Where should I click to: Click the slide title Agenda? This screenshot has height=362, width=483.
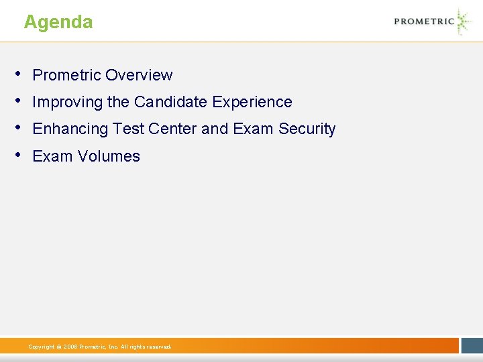[58, 22]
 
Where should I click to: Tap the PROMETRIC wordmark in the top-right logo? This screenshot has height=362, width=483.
[424, 21]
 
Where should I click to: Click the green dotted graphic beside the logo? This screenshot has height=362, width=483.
[463, 21]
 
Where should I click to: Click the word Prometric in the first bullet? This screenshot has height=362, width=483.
[66, 75]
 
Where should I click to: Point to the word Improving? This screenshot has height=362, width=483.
[67, 103]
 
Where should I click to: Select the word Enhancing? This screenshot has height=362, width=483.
[70, 129]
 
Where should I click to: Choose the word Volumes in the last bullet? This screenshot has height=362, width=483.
[109, 156]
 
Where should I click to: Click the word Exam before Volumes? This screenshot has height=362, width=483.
[52, 156]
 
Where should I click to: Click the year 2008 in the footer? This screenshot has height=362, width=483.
[70, 347]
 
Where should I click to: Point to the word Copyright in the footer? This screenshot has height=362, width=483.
[42, 347]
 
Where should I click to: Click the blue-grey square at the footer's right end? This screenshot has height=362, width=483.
[472, 345]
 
